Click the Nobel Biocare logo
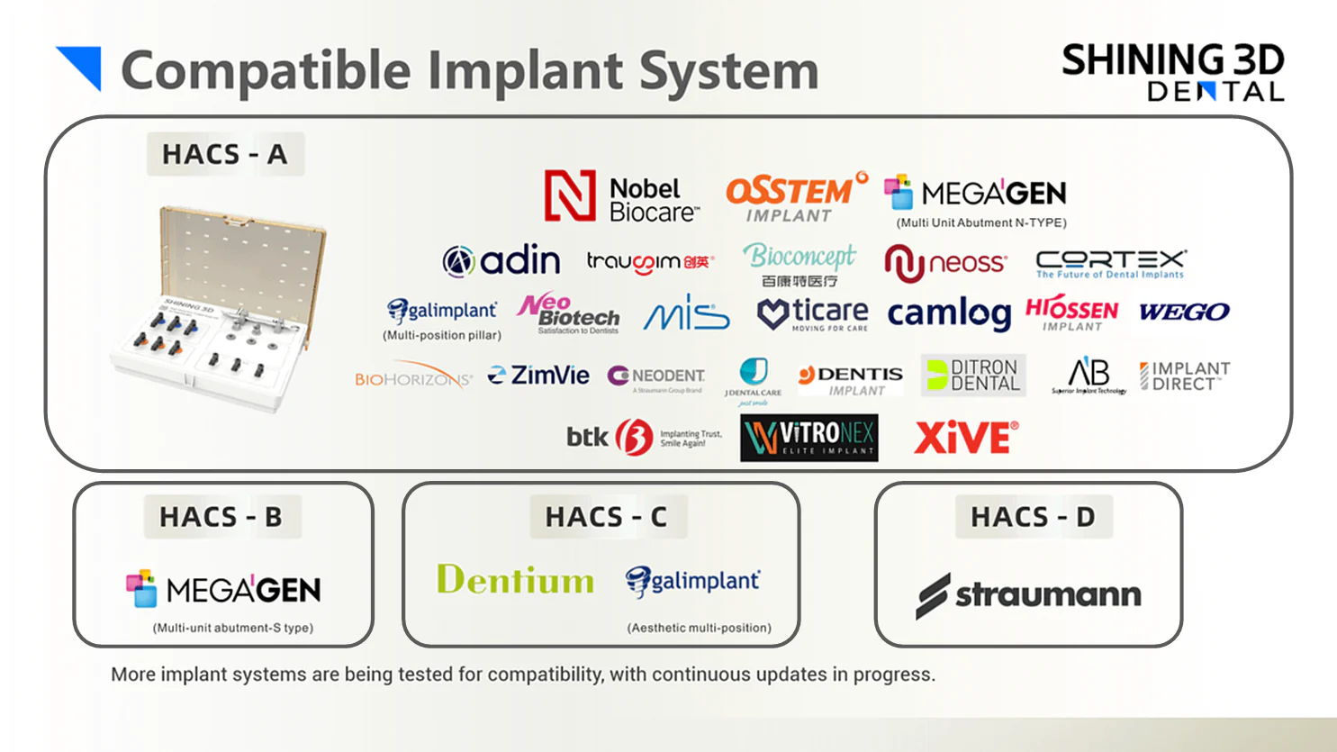621,197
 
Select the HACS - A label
225,154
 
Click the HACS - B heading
221,517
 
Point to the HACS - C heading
607,517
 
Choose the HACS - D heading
1033,517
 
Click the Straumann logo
1028,595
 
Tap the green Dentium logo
515,581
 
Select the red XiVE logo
966,439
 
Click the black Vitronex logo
809,438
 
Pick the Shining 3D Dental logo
1172,72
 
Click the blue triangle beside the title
82,67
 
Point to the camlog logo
949,313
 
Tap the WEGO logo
1184,313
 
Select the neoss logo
945,263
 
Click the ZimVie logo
538,376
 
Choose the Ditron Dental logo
973,375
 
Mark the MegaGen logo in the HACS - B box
223,590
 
